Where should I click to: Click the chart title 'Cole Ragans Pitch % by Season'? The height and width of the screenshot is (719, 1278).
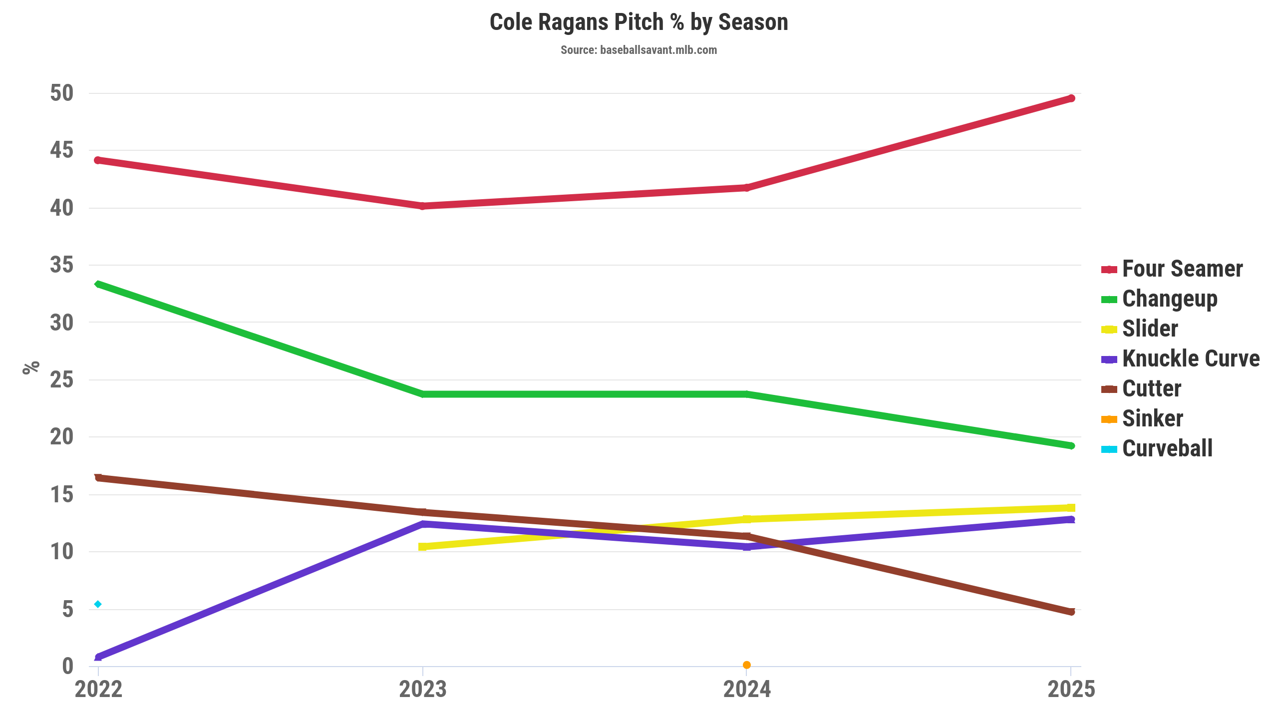pos(639,22)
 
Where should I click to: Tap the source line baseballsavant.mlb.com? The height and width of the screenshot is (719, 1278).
pos(639,50)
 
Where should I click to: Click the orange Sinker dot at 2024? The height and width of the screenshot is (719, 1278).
pos(747,665)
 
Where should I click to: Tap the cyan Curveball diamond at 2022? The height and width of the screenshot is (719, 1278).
pos(98,604)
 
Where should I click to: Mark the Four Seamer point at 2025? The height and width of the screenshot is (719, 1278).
pos(1071,98)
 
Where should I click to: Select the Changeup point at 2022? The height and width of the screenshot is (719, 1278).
pos(98,284)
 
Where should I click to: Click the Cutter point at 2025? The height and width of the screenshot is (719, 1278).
pos(1071,612)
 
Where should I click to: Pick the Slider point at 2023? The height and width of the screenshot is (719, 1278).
pos(423,547)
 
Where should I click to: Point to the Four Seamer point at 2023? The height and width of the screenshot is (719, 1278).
pos(423,206)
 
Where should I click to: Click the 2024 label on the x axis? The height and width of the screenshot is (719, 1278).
pos(747,690)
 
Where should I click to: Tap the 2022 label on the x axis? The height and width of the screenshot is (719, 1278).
pos(98,690)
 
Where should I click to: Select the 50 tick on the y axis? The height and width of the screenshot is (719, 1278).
pos(61,93)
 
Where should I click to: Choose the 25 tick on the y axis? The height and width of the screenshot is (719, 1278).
pos(61,380)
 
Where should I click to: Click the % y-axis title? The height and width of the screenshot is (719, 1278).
pos(31,367)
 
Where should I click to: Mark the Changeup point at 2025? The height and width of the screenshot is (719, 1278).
pos(1071,445)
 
